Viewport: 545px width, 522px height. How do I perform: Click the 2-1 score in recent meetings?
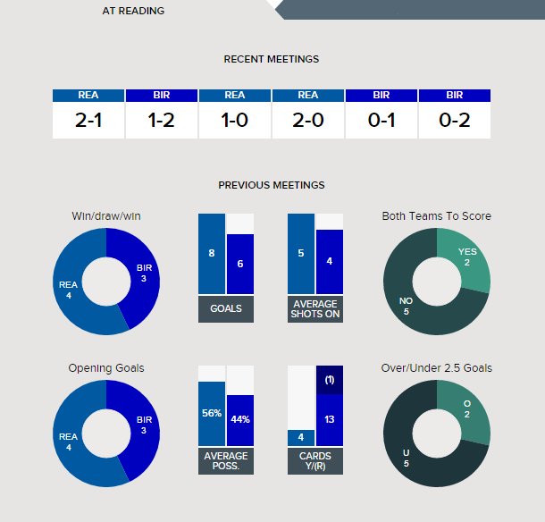[x=88, y=121]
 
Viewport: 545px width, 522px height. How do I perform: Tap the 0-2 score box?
[x=455, y=121]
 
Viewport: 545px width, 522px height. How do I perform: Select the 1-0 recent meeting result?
[x=235, y=121]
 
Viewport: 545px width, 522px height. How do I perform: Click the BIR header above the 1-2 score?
[x=162, y=95]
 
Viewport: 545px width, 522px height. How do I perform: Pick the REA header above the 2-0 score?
[x=308, y=95]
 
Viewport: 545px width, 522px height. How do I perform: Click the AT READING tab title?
[x=133, y=11]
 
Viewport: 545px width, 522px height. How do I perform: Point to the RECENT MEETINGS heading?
[x=272, y=59]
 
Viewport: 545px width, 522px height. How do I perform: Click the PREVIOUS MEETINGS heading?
[x=272, y=185]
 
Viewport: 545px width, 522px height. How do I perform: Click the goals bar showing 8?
[x=212, y=254]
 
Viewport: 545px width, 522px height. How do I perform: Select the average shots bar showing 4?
[x=330, y=262]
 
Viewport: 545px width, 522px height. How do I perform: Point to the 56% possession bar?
[x=212, y=414]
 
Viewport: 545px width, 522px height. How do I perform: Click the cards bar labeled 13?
[x=330, y=420]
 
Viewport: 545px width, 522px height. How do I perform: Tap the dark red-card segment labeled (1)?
[x=330, y=380]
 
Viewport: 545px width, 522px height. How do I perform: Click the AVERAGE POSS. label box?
[x=226, y=461]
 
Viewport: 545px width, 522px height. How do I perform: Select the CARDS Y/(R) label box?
[x=315, y=461]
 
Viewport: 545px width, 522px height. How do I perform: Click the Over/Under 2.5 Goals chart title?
[x=437, y=367]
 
